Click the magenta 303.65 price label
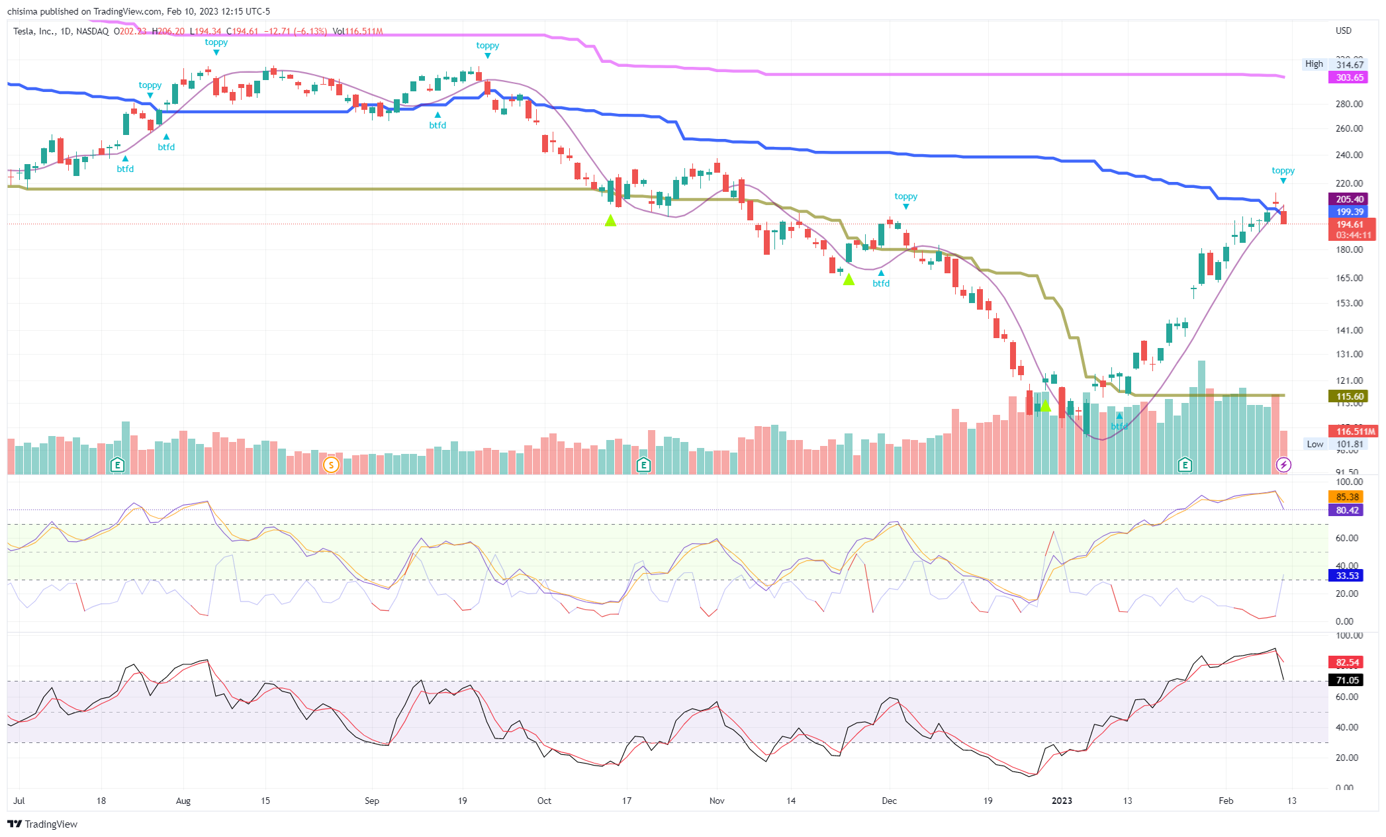pyautogui.click(x=1350, y=77)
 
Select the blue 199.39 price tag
pyautogui.click(x=1350, y=212)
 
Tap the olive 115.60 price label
pyautogui.click(x=1350, y=396)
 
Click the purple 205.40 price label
pyautogui.click(x=1350, y=199)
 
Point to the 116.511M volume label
pyautogui.click(x=1355, y=431)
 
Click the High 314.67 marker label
pyautogui.click(x=1334, y=64)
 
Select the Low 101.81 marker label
pyautogui.click(x=1334, y=444)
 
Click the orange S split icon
pyautogui.click(x=331, y=465)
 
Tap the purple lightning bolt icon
pyautogui.click(x=1283, y=465)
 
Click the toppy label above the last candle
pyautogui.click(x=1283, y=171)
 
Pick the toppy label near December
pyautogui.click(x=905, y=197)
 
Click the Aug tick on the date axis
pyautogui.click(x=183, y=801)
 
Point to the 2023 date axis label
pyautogui.click(x=1062, y=801)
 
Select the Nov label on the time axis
pyautogui.click(x=717, y=801)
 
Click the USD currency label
pyautogui.click(x=1343, y=30)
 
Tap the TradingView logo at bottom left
pyautogui.click(x=42, y=824)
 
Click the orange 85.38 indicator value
pyautogui.click(x=1347, y=497)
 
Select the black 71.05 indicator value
pyautogui.click(x=1347, y=680)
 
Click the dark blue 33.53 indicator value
pyautogui.click(x=1347, y=576)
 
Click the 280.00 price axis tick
pyautogui.click(x=1349, y=104)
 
